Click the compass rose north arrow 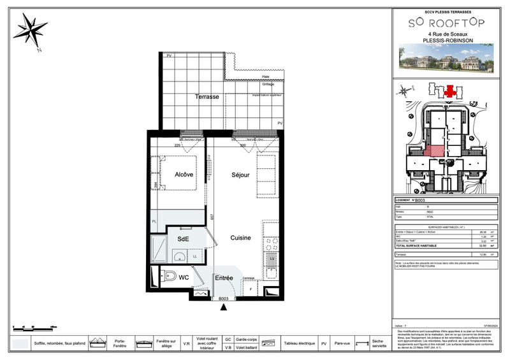(x=30, y=29)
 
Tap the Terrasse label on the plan (x=207, y=97)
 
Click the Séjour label (x=240, y=175)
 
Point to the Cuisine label (x=240, y=238)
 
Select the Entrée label (x=224, y=278)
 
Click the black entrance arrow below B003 (x=224, y=307)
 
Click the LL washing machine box (x=195, y=256)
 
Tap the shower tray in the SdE (x=158, y=250)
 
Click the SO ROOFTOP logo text (x=446, y=22)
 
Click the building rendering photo (x=446, y=59)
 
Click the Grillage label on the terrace (x=268, y=84)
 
